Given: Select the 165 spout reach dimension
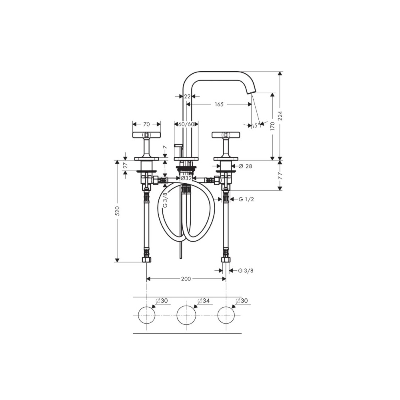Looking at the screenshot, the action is tap(219, 104).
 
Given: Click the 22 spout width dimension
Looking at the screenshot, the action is tap(187, 96).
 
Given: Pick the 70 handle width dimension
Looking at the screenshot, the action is tap(146, 124).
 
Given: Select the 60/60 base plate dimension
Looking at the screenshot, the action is tap(186, 124).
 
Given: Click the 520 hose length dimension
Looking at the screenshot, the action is tap(117, 211).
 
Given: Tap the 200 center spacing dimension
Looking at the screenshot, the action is tap(186, 279).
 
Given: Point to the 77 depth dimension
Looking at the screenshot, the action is tap(280, 175).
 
